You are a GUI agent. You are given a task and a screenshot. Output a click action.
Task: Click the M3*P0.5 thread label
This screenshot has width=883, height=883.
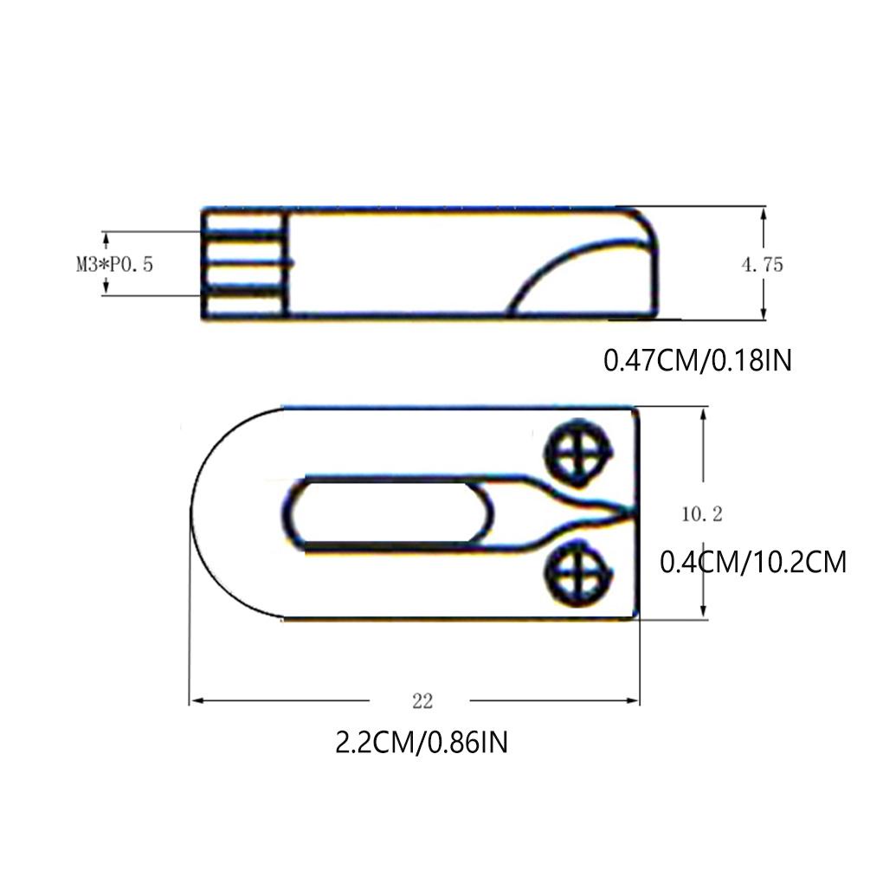pos(114,264)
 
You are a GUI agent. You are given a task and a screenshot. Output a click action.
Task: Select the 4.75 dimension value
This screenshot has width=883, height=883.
pos(762,265)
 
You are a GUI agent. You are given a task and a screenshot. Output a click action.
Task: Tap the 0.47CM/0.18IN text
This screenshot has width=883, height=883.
pos(698,360)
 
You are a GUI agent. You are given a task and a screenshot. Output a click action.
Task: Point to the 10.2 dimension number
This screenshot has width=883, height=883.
pos(702,514)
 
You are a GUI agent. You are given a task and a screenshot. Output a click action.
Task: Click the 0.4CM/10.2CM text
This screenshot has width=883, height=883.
pos(753,562)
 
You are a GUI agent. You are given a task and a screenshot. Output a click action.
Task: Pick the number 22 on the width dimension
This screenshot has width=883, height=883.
pos(422,701)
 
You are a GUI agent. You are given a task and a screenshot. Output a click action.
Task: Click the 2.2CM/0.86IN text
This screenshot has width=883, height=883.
pos(422,742)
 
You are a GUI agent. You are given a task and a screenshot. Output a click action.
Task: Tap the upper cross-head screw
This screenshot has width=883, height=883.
pos(577,453)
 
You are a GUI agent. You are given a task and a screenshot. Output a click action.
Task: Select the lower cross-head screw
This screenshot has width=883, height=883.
pos(578,573)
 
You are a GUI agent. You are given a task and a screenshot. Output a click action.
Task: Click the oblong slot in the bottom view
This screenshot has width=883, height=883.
pos(388,513)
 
